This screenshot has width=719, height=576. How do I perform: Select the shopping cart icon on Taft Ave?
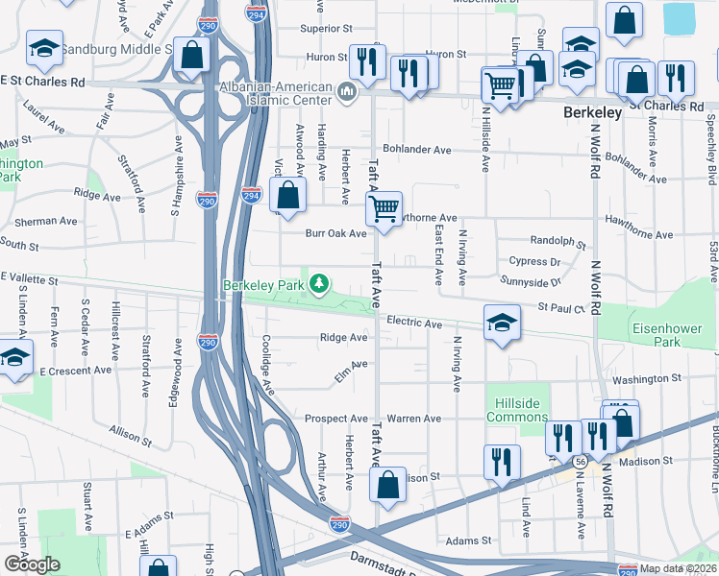384,207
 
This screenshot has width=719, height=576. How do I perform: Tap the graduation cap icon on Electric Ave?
502,324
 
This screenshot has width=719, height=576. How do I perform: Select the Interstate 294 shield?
251,194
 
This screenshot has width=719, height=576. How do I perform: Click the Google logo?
32,564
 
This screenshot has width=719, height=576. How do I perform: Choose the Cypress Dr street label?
535,261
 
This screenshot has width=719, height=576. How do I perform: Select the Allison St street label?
131,436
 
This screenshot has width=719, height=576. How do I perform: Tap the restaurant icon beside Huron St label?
366,61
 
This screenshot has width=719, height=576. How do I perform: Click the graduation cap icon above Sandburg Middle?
44,47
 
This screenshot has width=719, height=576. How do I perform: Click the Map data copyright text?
676,568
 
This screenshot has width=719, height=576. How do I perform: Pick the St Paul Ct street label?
561,308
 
